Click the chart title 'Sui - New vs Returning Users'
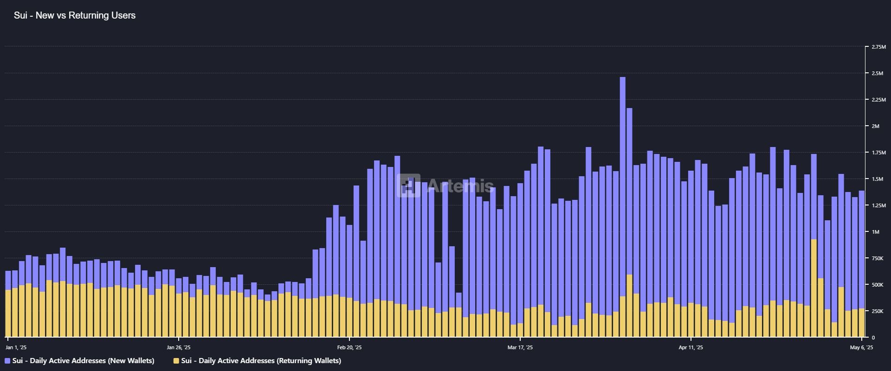point(75,15)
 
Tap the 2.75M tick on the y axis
point(878,47)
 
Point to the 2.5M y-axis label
point(878,73)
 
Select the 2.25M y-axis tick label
point(878,100)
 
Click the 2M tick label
point(875,126)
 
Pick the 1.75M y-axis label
point(878,153)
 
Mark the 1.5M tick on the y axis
point(878,179)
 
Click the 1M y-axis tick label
point(875,232)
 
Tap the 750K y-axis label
point(878,258)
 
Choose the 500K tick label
point(878,285)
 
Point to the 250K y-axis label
point(878,311)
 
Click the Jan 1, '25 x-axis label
point(16,347)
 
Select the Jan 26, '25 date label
point(179,347)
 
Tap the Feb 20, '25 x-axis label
point(349,347)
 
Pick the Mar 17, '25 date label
point(520,347)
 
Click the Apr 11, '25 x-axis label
point(691,347)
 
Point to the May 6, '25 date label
point(861,347)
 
